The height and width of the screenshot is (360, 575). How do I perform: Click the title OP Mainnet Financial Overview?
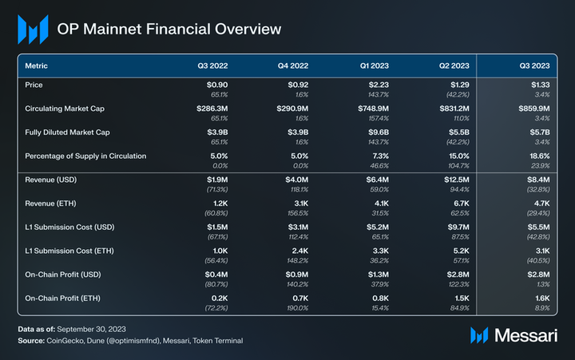(169, 30)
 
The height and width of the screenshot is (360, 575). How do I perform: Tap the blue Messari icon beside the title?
(33, 30)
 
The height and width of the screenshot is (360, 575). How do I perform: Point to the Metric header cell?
(38, 65)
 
